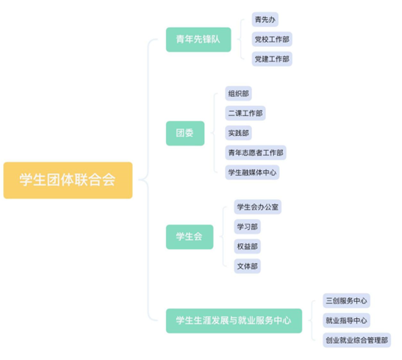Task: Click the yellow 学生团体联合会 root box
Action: pyautogui.click(x=68, y=180)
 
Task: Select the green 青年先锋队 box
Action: pyautogui.click(x=198, y=40)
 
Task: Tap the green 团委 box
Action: pyautogui.click(x=185, y=133)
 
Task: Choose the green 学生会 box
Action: pyautogui.click(x=190, y=237)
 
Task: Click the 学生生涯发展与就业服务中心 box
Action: pyautogui.click(x=234, y=320)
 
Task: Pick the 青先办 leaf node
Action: pyautogui.click(x=265, y=19)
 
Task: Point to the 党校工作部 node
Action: pyautogui.click(x=272, y=39)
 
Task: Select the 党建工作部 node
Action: pyautogui.click(x=272, y=59)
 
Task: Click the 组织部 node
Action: pyautogui.click(x=238, y=93)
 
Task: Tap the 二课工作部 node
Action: pyautogui.click(x=245, y=113)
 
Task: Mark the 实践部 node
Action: pyautogui.click(x=238, y=133)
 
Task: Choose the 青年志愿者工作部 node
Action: pyautogui.click(x=256, y=153)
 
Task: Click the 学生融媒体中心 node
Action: pyautogui.click(x=252, y=172)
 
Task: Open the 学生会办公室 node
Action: pyautogui.click(x=258, y=206)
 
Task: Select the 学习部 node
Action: pyautogui.click(x=247, y=226)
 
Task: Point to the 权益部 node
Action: pyautogui.click(x=247, y=246)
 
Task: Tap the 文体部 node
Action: pyautogui.click(x=247, y=266)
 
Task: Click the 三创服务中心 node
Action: pyautogui.click(x=346, y=300)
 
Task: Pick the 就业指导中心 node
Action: pyautogui.click(x=346, y=320)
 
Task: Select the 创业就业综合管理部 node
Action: pyautogui.click(x=356, y=340)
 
